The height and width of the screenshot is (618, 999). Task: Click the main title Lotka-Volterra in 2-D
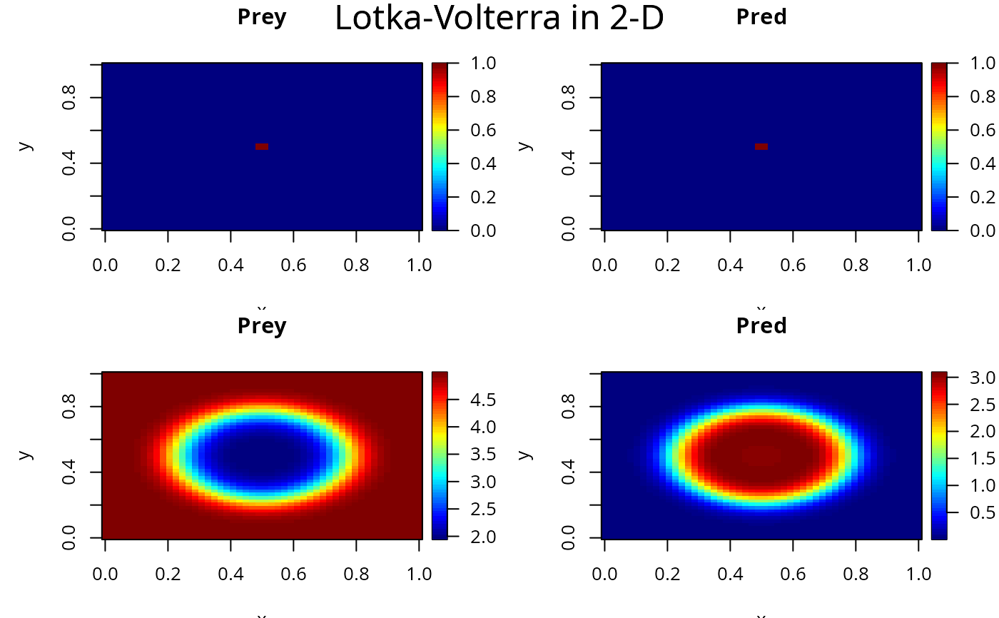(x=499, y=19)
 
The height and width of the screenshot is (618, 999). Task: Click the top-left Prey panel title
(x=262, y=17)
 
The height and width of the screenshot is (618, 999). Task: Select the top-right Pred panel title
(x=761, y=17)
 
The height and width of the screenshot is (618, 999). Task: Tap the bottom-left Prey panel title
(x=262, y=326)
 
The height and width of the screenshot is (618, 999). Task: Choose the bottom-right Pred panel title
(x=761, y=326)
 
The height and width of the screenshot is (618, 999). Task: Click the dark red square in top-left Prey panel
(x=262, y=146)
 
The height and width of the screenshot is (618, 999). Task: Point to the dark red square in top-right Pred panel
(x=761, y=146)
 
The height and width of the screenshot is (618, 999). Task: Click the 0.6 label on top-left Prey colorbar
(x=484, y=130)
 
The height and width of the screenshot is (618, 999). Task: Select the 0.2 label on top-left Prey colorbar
(x=484, y=197)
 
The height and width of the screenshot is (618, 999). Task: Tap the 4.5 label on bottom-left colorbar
(x=484, y=400)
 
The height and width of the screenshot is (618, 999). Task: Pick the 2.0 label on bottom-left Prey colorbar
(x=484, y=537)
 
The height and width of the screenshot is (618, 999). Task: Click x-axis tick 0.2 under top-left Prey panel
(x=168, y=265)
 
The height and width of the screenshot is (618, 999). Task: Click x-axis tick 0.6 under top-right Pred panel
(x=793, y=265)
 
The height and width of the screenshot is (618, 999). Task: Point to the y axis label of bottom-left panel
(x=26, y=455)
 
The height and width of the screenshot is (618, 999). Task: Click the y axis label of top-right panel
(x=525, y=146)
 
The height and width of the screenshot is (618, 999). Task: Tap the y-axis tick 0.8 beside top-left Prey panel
(x=69, y=97)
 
